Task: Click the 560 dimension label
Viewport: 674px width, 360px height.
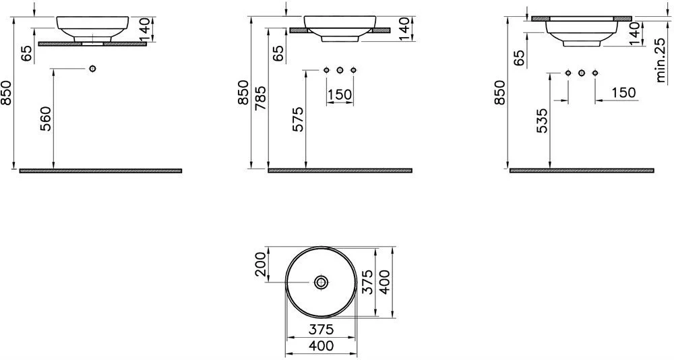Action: click(46, 119)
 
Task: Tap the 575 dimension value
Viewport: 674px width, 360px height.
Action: click(297, 119)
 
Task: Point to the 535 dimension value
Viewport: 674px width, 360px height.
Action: click(542, 121)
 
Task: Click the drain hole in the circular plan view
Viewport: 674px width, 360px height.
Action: click(321, 282)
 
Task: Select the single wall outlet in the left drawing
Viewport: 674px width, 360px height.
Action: click(92, 68)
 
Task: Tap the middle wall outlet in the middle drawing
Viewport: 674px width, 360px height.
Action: click(340, 70)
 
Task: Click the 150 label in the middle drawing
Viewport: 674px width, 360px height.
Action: click(340, 94)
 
